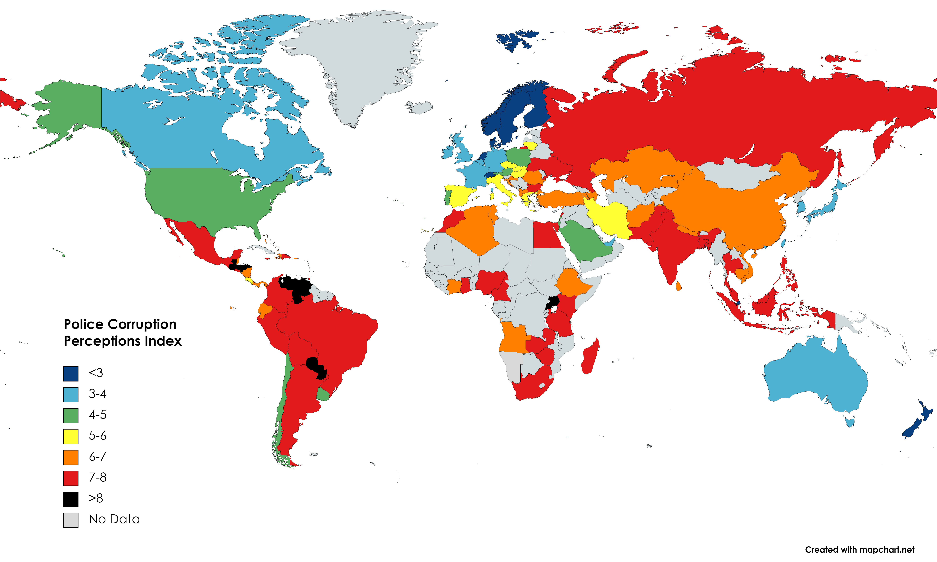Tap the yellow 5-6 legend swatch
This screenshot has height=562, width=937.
pos(71,436)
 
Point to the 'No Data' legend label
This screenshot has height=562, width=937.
pos(114,519)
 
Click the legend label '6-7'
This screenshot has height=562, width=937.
pos(97,457)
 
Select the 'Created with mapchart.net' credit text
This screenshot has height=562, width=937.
pos(859,550)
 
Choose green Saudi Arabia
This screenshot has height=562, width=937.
pos(584,242)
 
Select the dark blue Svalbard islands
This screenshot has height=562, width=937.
pos(515,40)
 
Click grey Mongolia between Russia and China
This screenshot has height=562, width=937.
pos(735,174)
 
